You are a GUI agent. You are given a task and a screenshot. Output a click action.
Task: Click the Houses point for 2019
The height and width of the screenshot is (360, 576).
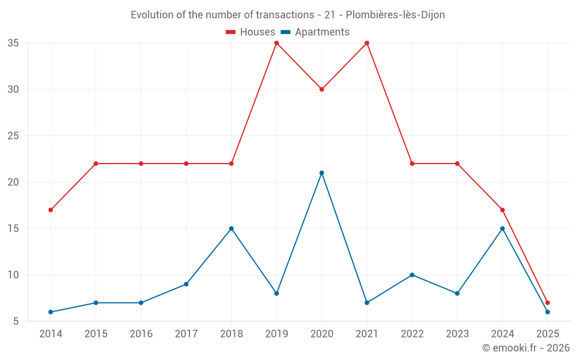pyautogui.click(x=276, y=43)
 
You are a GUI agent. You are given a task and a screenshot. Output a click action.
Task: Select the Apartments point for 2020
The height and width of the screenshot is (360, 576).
pyautogui.click(x=322, y=173)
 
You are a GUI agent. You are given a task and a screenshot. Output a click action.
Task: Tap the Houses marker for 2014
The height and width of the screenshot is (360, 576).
pyautogui.click(x=51, y=210)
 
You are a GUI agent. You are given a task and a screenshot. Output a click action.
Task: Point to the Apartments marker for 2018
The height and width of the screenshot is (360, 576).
pyautogui.click(x=232, y=229)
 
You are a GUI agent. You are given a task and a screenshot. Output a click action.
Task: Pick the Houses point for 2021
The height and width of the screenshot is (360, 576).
pyautogui.click(x=367, y=43)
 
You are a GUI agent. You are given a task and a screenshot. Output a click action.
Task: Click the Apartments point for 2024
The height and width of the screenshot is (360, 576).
pyautogui.click(x=502, y=229)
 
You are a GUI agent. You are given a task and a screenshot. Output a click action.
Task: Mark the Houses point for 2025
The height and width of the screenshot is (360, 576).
pyautogui.click(x=548, y=302)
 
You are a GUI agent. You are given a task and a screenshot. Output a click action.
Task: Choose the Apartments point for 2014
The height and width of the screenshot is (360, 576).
pyautogui.click(x=51, y=312)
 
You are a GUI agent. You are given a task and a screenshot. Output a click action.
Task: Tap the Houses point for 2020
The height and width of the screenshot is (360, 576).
pyautogui.click(x=322, y=89)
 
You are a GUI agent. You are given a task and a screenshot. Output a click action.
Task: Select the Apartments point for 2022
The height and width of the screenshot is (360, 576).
pyautogui.click(x=412, y=275)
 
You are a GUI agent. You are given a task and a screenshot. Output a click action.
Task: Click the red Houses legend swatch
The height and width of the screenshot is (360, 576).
pyautogui.click(x=231, y=32)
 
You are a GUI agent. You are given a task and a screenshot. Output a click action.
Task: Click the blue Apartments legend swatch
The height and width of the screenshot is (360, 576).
pyautogui.click(x=286, y=32)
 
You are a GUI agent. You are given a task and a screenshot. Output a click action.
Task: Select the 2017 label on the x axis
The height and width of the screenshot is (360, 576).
pyautogui.click(x=186, y=334)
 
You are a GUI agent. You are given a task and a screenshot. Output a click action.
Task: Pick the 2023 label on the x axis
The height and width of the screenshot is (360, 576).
pyautogui.click(x=457, y=334)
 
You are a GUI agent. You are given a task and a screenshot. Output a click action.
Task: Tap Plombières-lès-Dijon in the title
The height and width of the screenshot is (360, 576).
pyautogui.click(x=395, y=15)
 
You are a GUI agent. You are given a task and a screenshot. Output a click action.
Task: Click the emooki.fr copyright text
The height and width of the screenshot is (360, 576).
pyautogui.click(x=526, y=348)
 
